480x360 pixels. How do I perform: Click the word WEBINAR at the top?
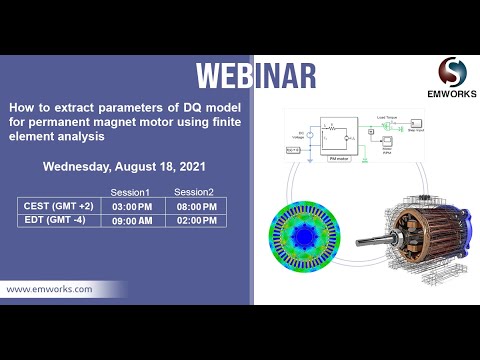tap(256, 76)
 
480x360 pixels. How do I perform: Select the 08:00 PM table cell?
tap(197, 206)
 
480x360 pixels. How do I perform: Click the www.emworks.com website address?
tap(51, 289)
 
